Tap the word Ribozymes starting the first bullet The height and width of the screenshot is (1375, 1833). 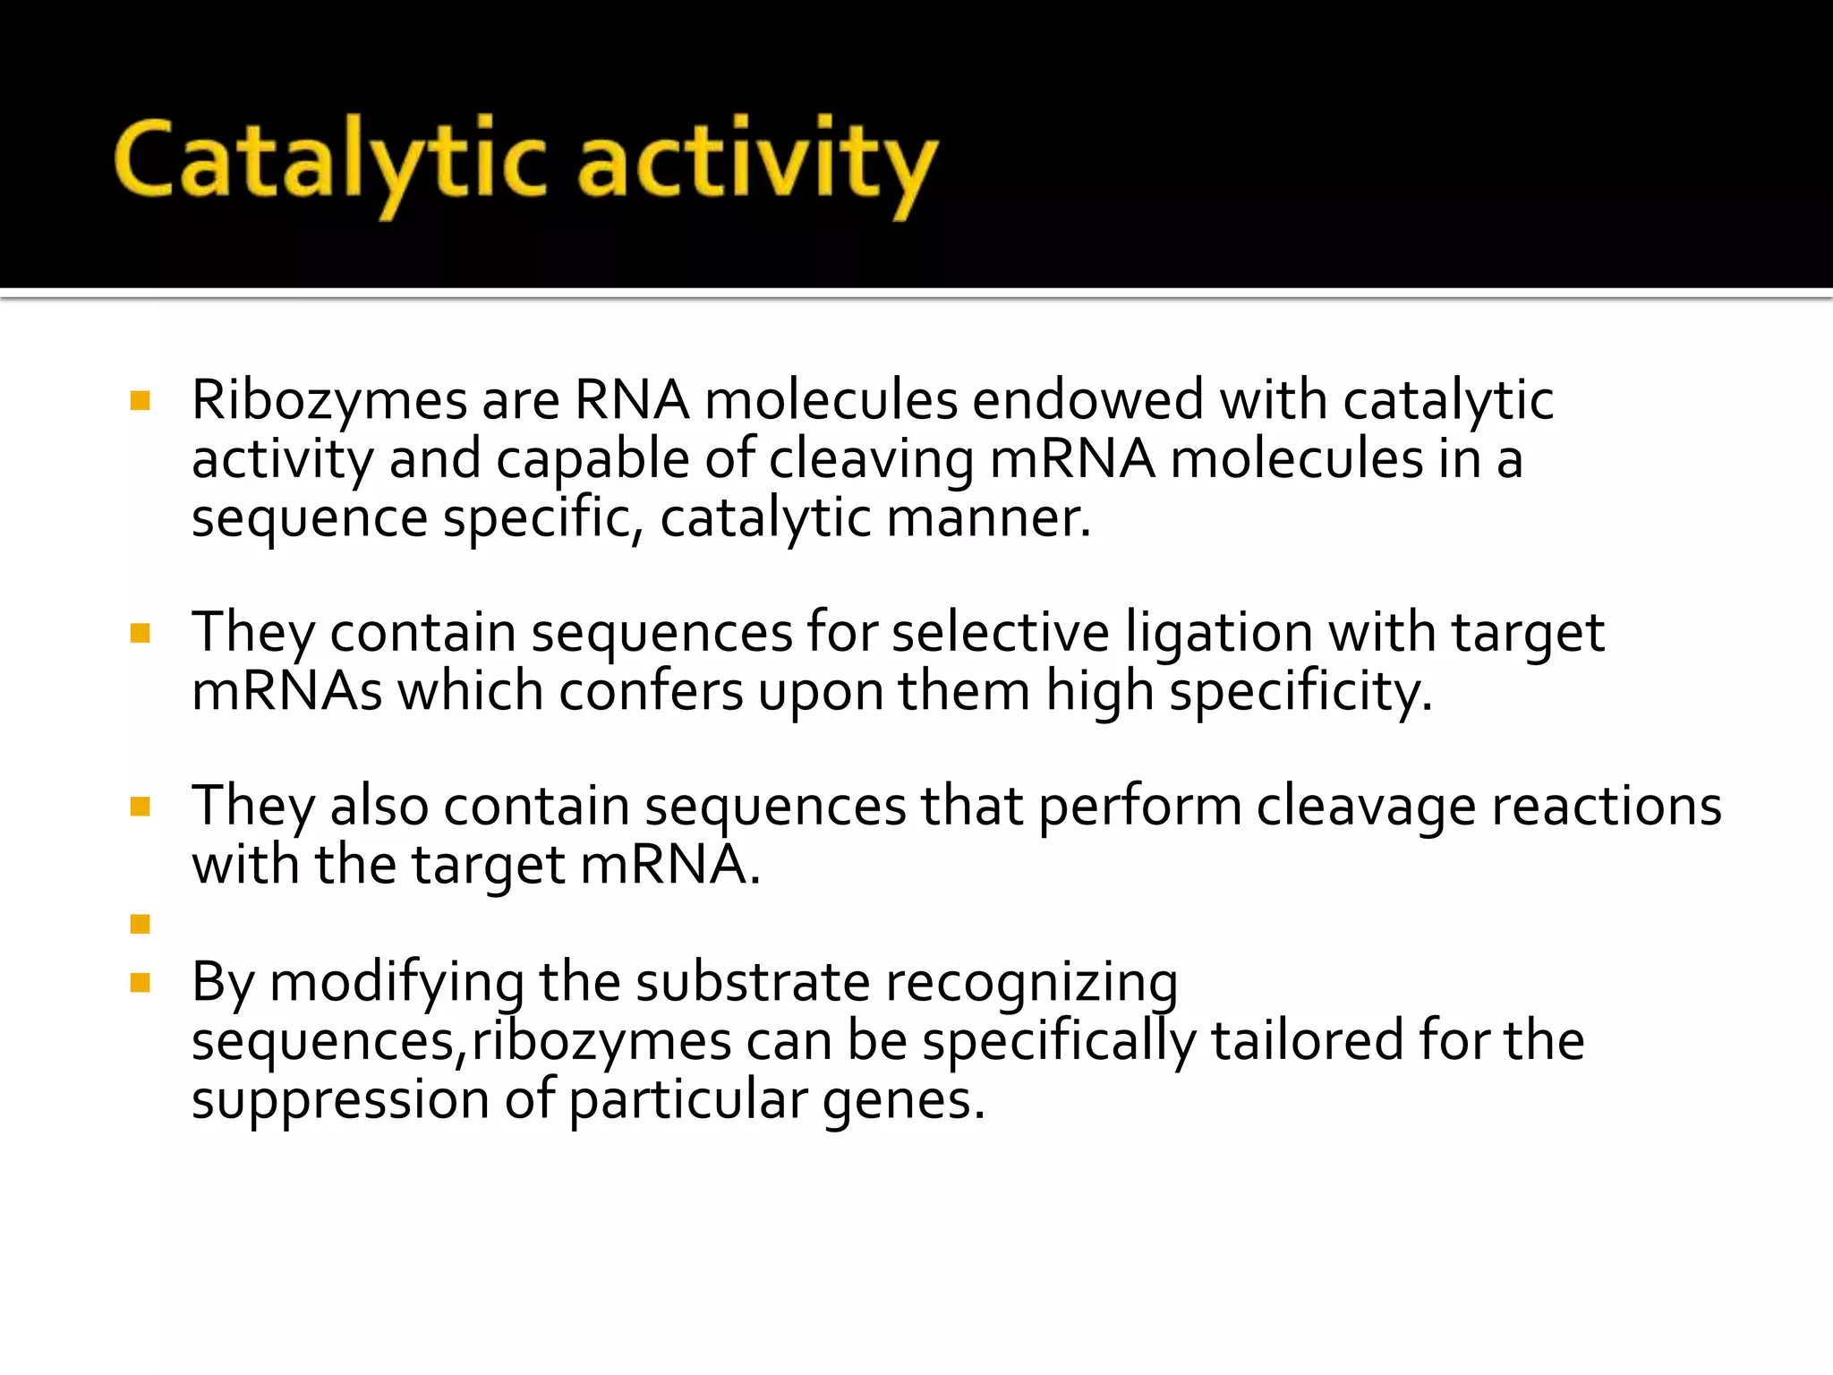pos(328,400)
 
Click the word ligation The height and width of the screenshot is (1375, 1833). pos(1218,633)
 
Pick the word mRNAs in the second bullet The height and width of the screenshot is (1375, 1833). pos(287,692)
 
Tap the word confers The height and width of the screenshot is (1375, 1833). pos(651,692)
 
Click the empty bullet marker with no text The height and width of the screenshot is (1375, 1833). pos(140,924)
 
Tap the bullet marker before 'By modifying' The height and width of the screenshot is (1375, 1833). pos(140,984)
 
